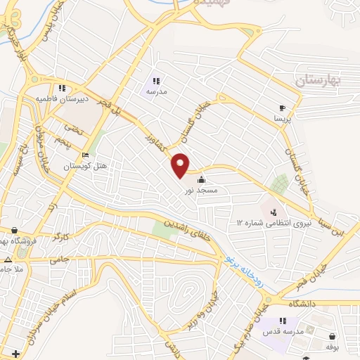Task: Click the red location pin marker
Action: coord(181,164)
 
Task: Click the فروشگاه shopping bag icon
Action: coord(15,229)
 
